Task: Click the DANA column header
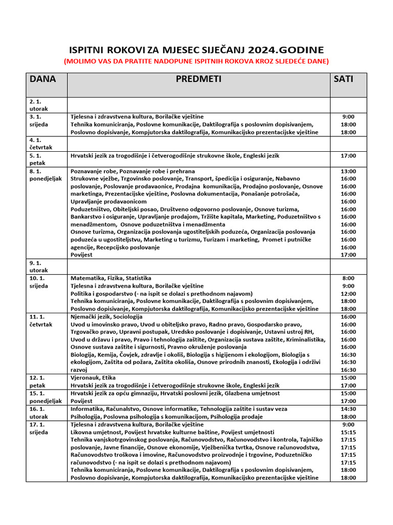click(x=43, y=79)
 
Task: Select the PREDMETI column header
click(x=199, y=79)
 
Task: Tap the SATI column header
click(x=343, y=79)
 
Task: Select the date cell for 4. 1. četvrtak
click(x=41, y=144)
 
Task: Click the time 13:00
click(x=348, y=171)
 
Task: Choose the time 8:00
click(x=348, y=278)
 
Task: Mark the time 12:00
click(x=348, y=294)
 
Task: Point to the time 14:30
click(x=348, y=409)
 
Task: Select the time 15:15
click(x=348, y=432)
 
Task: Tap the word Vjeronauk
click(x=86, y=378)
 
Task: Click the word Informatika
click(x=87, y=409)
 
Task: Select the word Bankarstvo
click(x=86, y=217)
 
